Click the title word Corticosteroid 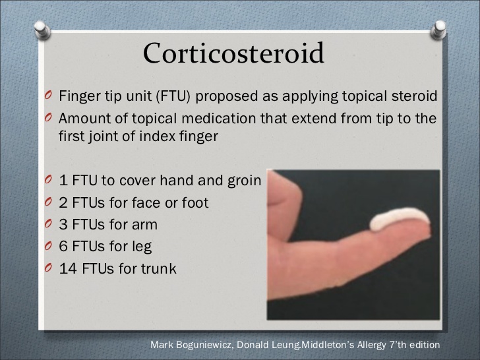(233, 53)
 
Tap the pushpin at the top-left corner (42, 30)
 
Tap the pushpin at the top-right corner (438, 30)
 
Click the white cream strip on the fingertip (400, 219)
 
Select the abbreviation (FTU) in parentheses (173, 96)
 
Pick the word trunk (158, 268)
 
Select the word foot (195, 202)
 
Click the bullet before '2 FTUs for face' (48, 202)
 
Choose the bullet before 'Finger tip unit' (48, 95)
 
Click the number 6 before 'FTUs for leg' (63, 247)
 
